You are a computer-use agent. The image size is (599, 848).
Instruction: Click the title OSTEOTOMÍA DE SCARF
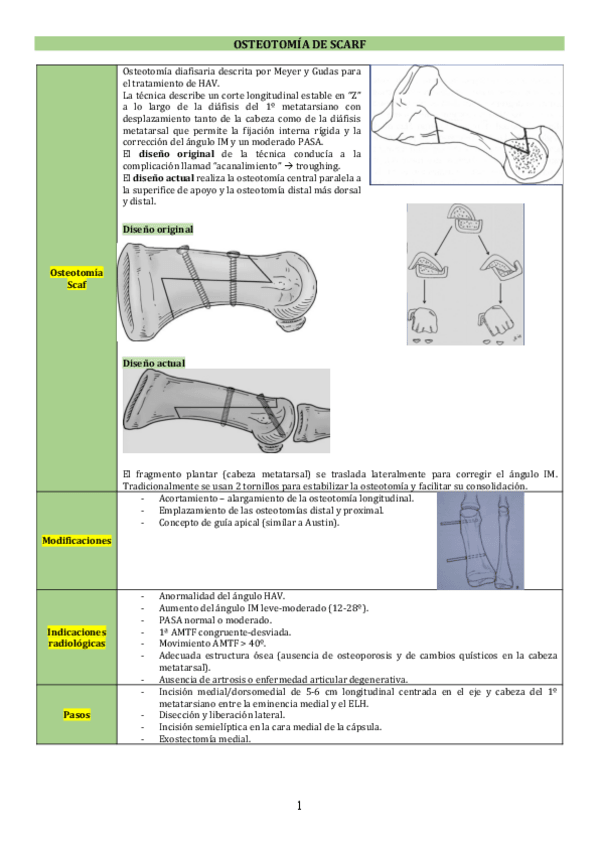300,44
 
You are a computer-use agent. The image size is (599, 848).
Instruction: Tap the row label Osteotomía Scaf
76,279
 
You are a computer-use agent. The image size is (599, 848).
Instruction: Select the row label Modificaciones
76,540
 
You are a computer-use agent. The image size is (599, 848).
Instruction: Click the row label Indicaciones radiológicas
76,638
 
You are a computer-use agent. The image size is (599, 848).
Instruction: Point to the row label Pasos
76,714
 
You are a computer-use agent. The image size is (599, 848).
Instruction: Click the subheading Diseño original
158,229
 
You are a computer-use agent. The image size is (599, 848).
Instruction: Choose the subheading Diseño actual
154,363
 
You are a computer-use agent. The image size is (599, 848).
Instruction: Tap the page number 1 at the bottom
300,806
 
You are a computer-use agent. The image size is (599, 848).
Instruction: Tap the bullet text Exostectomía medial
205,739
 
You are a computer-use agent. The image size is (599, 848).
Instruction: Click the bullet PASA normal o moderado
215,620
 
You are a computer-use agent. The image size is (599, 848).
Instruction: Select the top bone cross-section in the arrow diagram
464,217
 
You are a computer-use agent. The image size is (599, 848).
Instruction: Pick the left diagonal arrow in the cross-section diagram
443,241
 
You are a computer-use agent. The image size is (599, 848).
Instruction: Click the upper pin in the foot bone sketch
459,523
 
